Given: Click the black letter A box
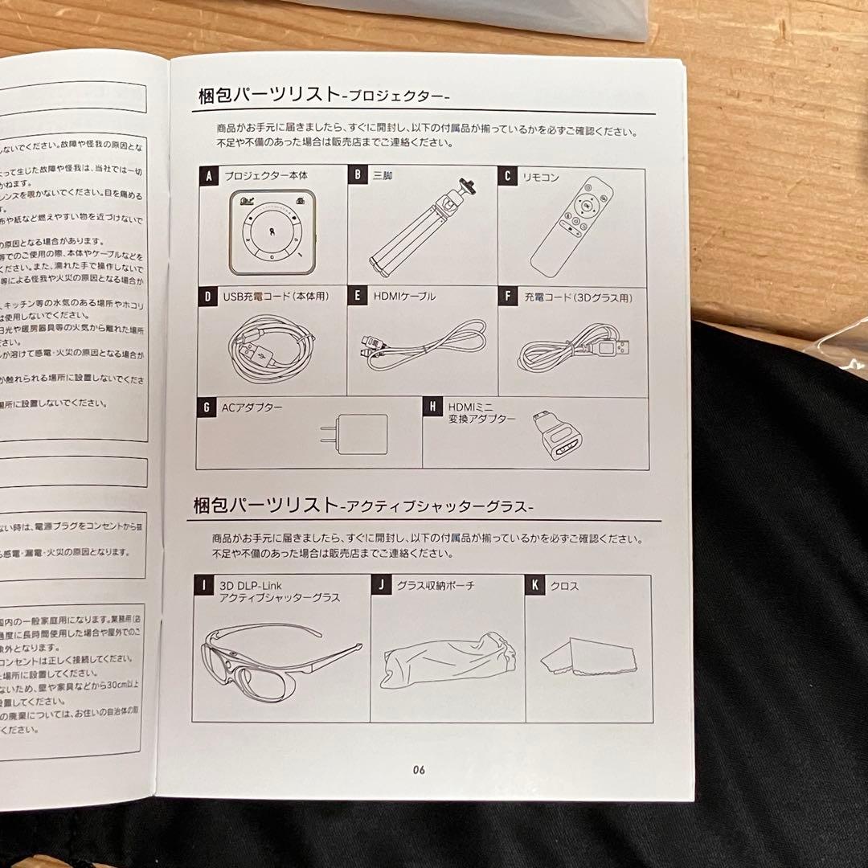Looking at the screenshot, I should coord(208,176).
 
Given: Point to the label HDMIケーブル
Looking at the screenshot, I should coord(404,296).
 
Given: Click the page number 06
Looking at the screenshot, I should coord(419,769).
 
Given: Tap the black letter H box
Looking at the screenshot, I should coord(433,408).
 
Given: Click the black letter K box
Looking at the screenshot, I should coord(534,585).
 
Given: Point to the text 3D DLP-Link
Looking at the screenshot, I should coord(251,586).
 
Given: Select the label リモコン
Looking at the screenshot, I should coord(540,176).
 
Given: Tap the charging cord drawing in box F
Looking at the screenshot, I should coord(572,347).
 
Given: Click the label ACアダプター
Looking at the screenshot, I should coord(252,407).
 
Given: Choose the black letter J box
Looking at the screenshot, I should coord(381,585).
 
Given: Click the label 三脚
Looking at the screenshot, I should coord(383,174).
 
